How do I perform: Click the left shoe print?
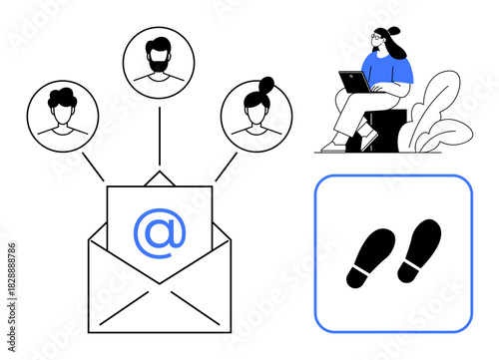pyautogui.click(x=370, y=257)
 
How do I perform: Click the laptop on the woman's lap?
pyautogui.click(x=353, y=82)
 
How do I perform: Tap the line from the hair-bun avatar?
pyautogui.click(x=227, y=166)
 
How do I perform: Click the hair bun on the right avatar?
pyautogui.click(x=266, y=83)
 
